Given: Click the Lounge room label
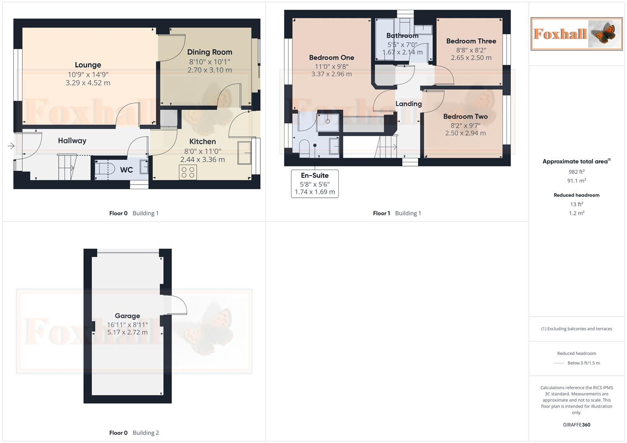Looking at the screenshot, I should point(88,65).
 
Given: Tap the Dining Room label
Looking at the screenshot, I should point(209,52).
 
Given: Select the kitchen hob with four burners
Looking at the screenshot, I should point(188,172).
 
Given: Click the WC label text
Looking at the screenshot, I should point(126,170).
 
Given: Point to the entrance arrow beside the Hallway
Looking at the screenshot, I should point(11,146).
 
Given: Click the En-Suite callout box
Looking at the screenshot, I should point(315,184).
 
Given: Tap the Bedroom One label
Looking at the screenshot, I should point(331,57).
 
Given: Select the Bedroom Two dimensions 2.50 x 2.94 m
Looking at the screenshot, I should point(465,133).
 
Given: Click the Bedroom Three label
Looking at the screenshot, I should point(471,41).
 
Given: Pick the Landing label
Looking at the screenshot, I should point(408,104).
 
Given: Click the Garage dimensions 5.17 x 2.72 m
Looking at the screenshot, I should point(127,333).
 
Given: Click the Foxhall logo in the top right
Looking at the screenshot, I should point(576,34).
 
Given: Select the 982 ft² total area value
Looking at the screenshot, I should point(576,172).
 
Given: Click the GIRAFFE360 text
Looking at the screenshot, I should point(576,425).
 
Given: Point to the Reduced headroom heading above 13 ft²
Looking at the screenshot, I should point(576,195).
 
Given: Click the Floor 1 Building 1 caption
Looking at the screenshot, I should point(397,213).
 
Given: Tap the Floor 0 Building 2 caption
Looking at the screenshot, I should point(134,433).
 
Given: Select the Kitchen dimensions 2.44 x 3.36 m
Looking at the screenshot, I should point(202,160).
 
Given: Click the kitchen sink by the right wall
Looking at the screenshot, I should point(245,153).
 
